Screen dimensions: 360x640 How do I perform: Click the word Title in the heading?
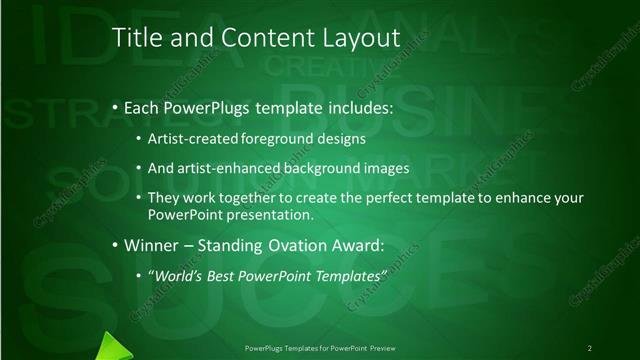click(x=133, y=38)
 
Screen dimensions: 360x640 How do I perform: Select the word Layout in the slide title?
click(x=356, y=38)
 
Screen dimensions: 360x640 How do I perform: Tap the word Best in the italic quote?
click(x=227, y=274)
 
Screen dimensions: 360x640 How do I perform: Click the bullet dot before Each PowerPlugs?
click(x=115, y=106)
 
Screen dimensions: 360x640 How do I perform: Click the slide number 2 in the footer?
click(x=589, y=348)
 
